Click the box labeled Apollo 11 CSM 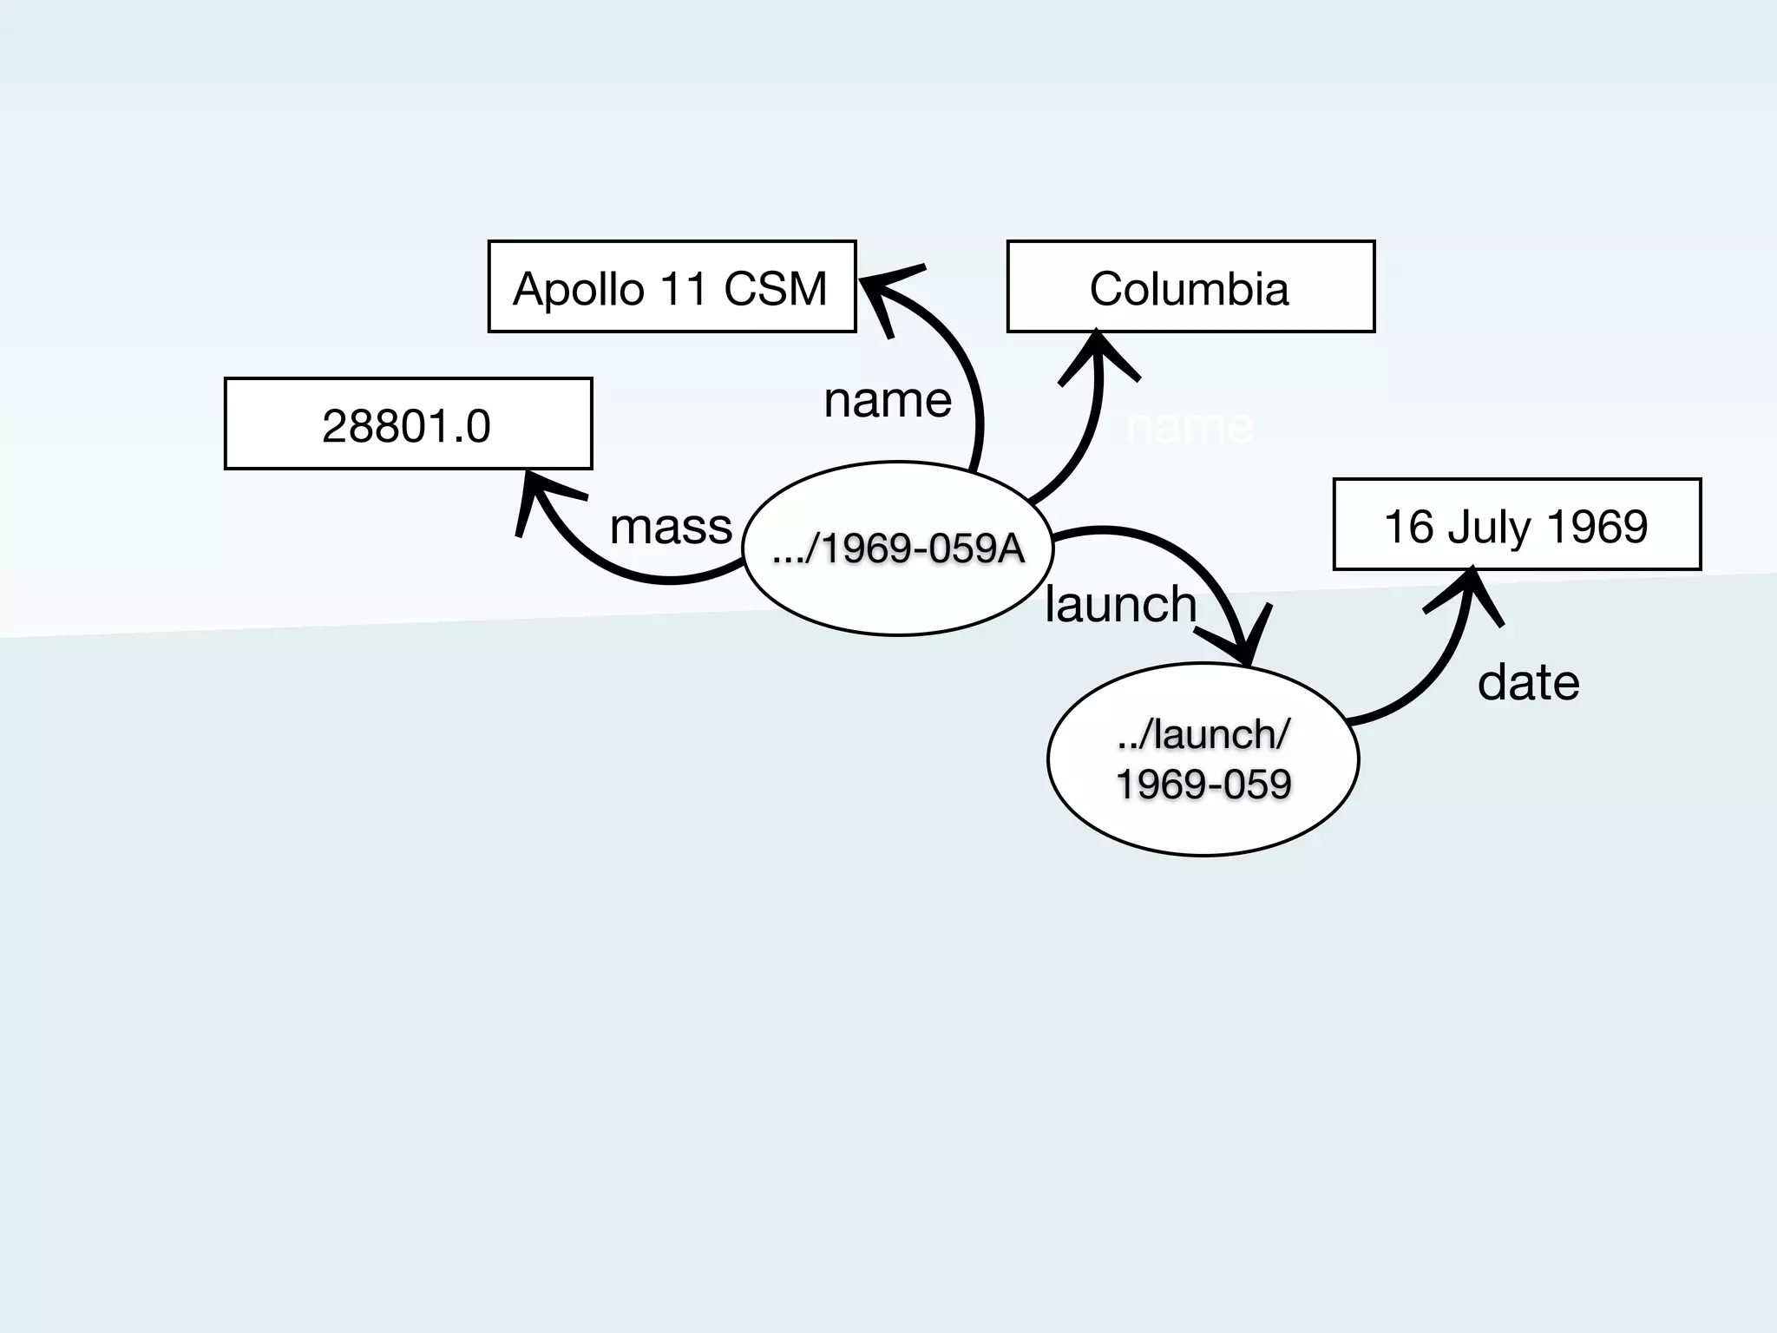(x=672, y=286)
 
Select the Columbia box (x=1190, y=286)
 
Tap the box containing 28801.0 (x=408, y=424)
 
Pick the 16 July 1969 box (x=1517, y=524)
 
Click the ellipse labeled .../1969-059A (x=898, y=548)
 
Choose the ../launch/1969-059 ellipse (x=1203, y=759)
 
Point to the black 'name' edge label (x=888, y=400)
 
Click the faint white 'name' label (x=1189, y=426)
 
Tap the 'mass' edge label (x=671, y=526)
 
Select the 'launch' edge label (x=1120, y=604)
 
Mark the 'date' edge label (x=1528, y=682)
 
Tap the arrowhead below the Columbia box (x=1098, y=354)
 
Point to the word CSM (x=775, y=288)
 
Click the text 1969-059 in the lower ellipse (x=1203, y=785)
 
